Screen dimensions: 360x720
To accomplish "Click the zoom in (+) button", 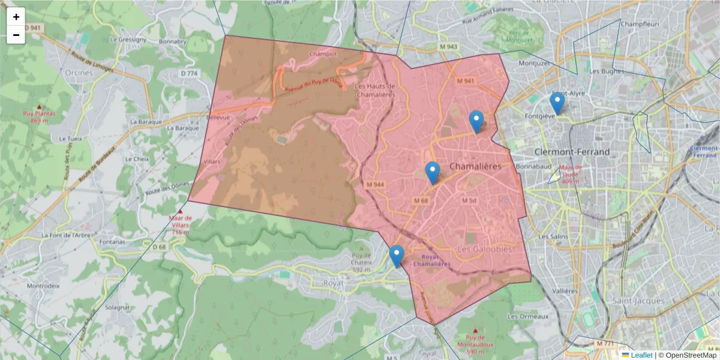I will tap(16, 17).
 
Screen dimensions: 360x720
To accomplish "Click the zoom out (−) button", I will tap(16, 35).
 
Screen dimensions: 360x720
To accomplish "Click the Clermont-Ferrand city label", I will tap(571, 152).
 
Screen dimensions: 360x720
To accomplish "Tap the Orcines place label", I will tap(79, 73).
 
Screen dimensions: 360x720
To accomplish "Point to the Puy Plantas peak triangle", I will tap(39, 107).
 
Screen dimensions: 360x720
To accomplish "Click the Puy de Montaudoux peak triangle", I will tap(476, 331).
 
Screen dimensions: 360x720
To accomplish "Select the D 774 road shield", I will tap(189, 73).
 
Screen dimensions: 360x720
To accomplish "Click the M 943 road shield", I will tap(448, 46).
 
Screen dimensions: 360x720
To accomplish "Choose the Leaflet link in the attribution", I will tap(641, 355).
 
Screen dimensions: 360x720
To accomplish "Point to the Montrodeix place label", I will tap(43, 286).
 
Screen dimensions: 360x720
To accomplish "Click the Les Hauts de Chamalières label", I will tap(376, 89).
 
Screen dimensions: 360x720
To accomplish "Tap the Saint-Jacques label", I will tap(638, 301).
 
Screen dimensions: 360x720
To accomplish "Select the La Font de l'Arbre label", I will tap(65, 235).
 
